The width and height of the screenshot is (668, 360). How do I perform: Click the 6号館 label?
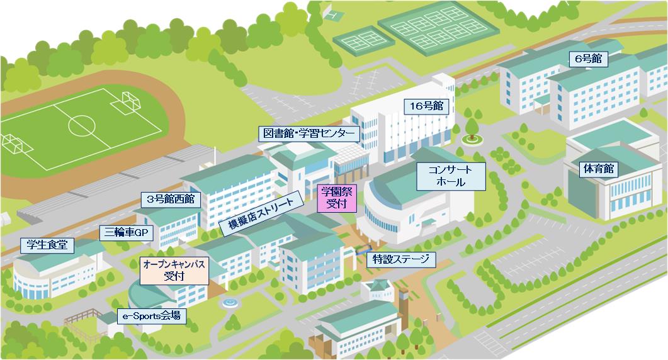(x=588, y=59)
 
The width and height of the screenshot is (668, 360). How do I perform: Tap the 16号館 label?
(x=427, y=106)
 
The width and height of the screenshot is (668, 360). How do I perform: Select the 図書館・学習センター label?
(x=309, y=134)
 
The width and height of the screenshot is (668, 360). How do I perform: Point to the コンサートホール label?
(x=450, y=176)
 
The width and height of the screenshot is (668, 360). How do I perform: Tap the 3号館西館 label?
(x=170, y=200)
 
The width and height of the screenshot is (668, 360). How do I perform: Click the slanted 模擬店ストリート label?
(x=261, y=213)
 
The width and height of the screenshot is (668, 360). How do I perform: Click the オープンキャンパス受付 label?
(x=174, y=271)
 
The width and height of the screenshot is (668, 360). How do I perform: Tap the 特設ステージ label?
(x=400, y=259)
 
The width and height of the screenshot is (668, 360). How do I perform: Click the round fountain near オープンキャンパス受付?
(x=230, y=303)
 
